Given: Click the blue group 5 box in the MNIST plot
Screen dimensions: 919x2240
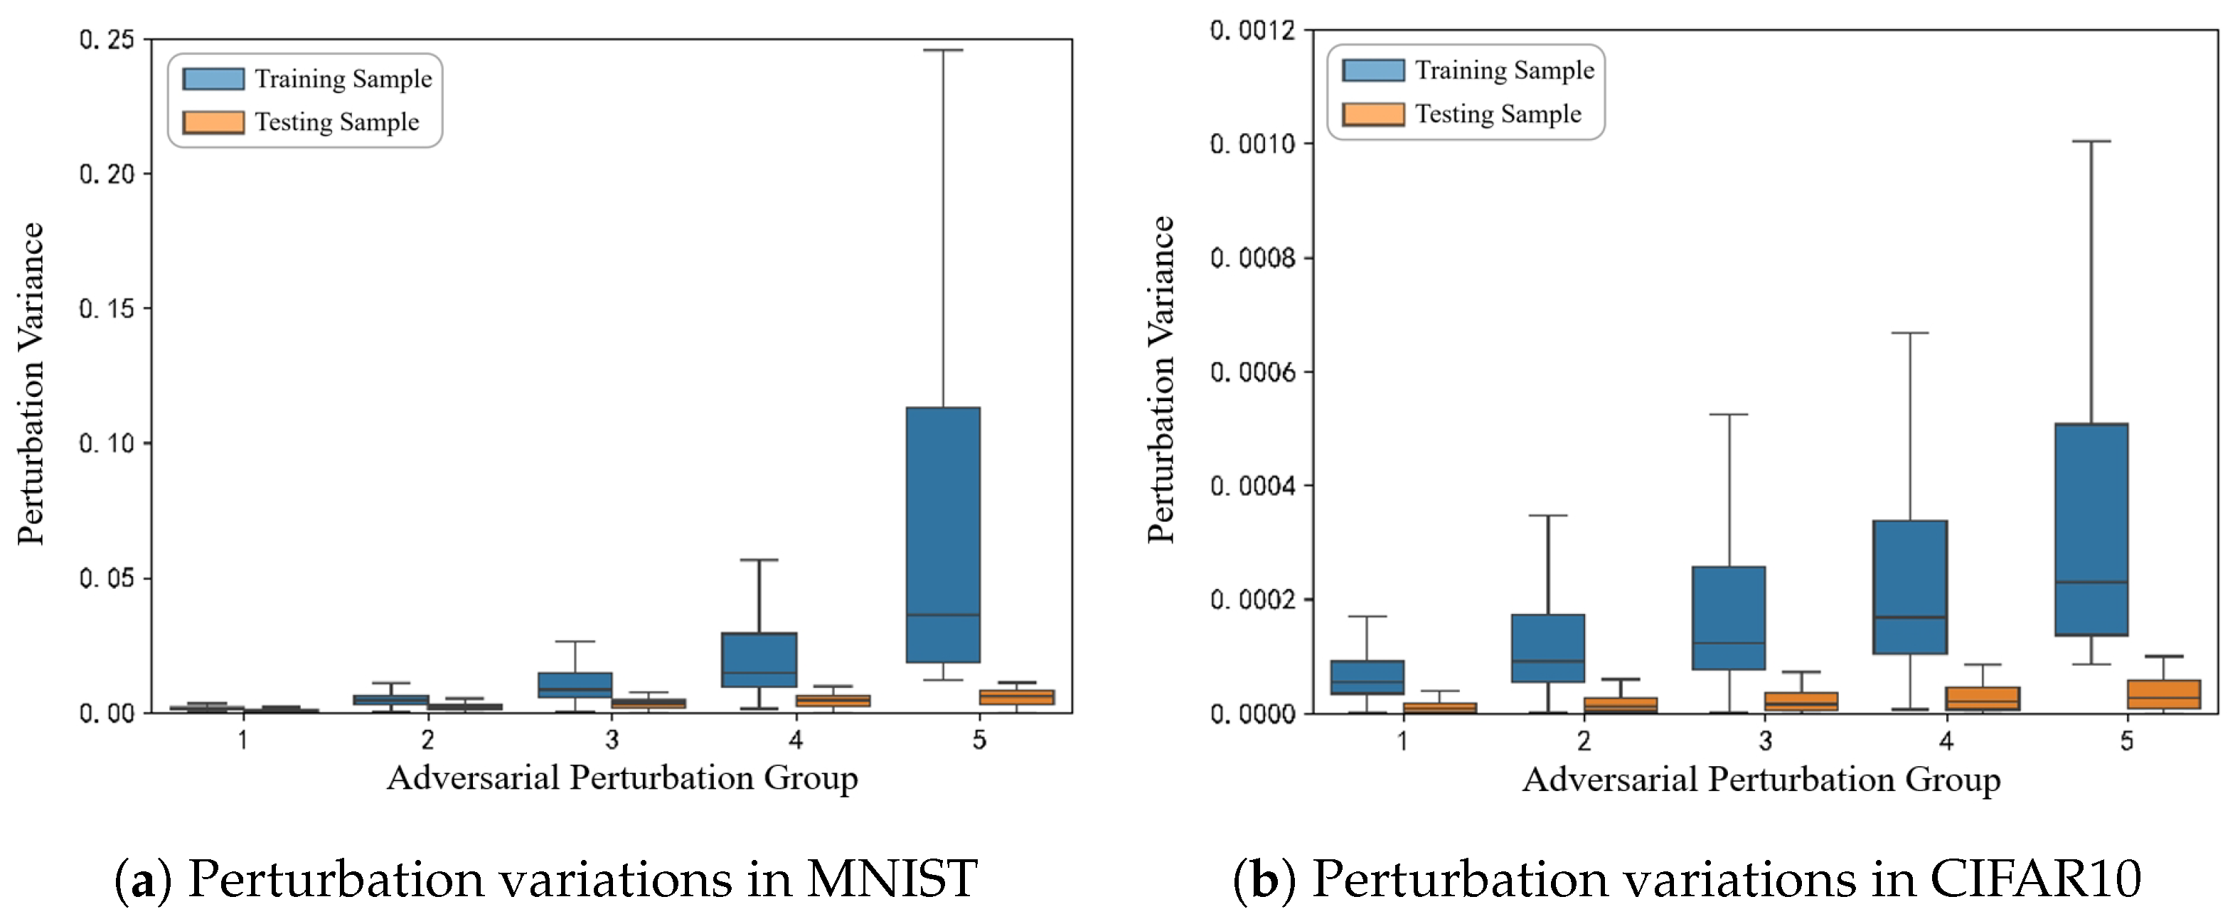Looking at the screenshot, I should (x=943, y=534).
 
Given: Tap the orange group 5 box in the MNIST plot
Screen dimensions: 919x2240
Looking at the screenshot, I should (x=1015, y=697).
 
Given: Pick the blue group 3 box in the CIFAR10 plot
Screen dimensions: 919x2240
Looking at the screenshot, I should (x=1728, y=617).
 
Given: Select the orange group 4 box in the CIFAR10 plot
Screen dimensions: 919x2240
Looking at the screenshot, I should (x=1982, y=698).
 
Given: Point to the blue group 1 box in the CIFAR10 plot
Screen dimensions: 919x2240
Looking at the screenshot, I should (x=1367, y=677).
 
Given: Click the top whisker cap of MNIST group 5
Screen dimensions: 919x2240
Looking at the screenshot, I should (x=943, y=51).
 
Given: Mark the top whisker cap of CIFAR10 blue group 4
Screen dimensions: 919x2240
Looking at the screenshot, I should (x=1909, y=333).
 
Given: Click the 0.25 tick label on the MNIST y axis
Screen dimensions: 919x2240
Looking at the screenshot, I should (x=107, y=40).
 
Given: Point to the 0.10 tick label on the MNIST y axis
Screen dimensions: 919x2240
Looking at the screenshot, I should (x=107, y=443).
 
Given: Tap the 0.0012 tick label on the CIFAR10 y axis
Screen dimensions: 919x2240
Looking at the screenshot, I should (x=1252, y=31).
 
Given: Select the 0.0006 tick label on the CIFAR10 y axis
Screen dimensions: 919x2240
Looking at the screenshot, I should (x=1252, y=372).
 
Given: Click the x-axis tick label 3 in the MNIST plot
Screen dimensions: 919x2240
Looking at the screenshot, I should (x=612, y=740).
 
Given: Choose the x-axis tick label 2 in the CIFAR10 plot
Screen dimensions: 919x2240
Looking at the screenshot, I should (x=1584, y=740).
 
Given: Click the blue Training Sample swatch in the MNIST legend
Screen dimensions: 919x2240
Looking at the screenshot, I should (x=213, y=79).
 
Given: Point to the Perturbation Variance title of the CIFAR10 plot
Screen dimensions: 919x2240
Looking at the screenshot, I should (x=1161, y=380).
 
